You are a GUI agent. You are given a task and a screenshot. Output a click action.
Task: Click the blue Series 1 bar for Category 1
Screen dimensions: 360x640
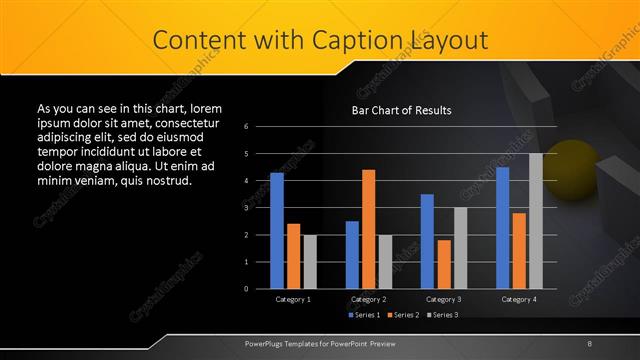[x=277, y=231]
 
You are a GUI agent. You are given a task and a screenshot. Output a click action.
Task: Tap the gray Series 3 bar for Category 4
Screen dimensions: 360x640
[x=536, y=221]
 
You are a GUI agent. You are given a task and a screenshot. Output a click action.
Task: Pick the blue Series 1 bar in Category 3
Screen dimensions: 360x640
[x=427, y=241]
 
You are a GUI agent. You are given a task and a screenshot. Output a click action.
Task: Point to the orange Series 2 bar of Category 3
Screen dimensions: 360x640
[x=443, y=264]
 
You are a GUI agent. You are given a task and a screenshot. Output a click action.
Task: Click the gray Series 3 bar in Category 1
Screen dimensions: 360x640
[x=310, y=261]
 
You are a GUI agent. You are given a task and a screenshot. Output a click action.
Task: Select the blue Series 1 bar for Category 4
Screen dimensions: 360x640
[x=503, y=228]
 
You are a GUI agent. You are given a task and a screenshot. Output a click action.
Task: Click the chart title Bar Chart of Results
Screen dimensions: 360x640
[x=401, y=110]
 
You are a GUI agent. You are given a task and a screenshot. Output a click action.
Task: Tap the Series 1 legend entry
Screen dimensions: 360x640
[x=363, y=315]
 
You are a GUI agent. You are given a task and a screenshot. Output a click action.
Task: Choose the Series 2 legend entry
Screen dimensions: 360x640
[x=402, y=315]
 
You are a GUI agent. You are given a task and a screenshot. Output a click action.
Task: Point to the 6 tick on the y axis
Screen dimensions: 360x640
[x=260, y=127]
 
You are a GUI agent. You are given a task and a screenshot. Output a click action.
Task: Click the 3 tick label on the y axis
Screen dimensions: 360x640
[x=260, y=208]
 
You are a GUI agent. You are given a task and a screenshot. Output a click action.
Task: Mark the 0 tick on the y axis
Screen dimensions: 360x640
[x=260, y=289]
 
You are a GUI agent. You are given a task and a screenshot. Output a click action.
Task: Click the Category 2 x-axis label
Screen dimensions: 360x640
[x=368, y=299]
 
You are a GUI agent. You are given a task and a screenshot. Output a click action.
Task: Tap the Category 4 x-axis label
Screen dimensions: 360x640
[x=518, y=299]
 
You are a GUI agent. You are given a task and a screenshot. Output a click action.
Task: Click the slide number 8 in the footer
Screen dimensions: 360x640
[x=589, y=344]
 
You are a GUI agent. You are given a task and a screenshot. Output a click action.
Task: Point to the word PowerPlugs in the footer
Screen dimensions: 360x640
[x=266, y=344]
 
